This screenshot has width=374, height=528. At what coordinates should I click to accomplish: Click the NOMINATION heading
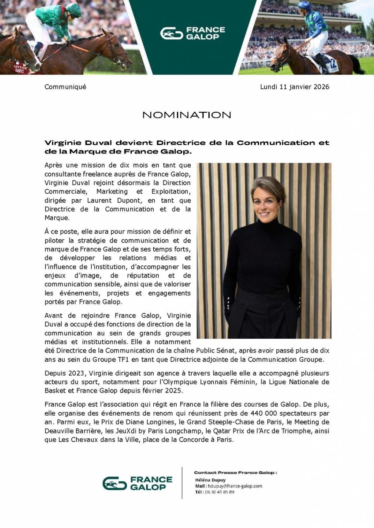tap(187, 115)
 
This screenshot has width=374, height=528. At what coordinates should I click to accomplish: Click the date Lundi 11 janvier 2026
tap(295, 87)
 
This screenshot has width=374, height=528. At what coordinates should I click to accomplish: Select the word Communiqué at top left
tap(65, 87)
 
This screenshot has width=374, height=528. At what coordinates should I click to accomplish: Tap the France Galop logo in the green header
tap(193, 33)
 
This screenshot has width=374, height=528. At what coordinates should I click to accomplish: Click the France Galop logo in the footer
tap(137, 483)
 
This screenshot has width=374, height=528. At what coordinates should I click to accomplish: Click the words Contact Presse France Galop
tap(235, 473)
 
